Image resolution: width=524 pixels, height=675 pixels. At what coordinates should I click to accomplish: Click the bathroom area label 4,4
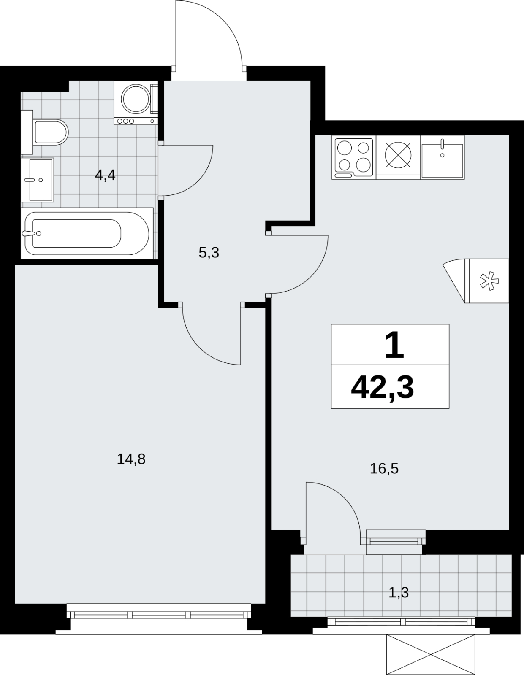[x=105, y=176]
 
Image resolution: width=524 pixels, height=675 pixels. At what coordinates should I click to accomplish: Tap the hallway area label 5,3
[x=209, y=253]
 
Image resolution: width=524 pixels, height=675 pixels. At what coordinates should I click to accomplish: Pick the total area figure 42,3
[x=382, y=389]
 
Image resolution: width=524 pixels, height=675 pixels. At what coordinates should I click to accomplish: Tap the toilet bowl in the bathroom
[x=51, y=132]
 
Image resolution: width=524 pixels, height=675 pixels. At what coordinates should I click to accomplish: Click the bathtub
[x=87, y=234]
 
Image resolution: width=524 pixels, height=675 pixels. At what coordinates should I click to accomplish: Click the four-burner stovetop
[x=354, y=157]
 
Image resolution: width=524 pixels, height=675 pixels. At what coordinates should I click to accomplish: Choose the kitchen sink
[x=442, y=157]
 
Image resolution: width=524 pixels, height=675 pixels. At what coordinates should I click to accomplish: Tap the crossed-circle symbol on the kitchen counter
[x=398, y=155]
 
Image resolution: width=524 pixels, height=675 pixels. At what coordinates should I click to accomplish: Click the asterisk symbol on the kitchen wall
[x=489, y=281]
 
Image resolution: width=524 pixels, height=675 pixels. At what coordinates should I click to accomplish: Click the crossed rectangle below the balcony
[x=431, y=655]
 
